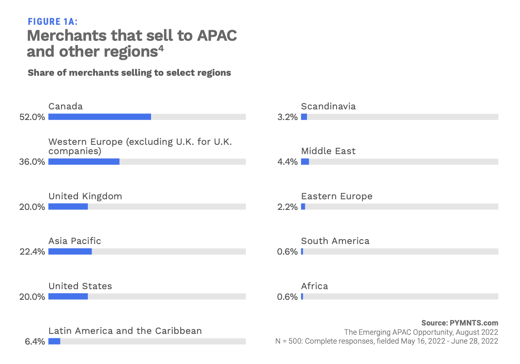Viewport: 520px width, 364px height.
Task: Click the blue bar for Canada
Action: point(100,117)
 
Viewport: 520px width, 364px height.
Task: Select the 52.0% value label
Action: point(32,117)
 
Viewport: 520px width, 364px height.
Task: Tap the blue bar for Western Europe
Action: point(84,162)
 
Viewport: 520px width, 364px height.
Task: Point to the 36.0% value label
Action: point(32,162)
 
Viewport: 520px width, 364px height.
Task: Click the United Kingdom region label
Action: point(85,196)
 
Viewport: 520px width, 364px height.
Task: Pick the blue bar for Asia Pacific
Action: point(70,252)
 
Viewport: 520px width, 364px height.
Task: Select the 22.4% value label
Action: point(32,252)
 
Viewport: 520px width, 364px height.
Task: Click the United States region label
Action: point(80,286)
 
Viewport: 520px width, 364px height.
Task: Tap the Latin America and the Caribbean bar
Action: point(54,341)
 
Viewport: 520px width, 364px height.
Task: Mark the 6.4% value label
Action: point(34,342)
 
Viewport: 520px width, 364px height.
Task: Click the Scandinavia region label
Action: point(328,106)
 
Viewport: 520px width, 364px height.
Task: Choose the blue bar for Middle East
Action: point(305,162)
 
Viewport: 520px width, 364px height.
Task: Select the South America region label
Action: point(335,241)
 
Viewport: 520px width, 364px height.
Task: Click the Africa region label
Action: point(314,286)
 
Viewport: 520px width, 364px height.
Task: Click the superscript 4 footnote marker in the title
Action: point(161,49)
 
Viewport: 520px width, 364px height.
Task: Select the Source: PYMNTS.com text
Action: point(460,323)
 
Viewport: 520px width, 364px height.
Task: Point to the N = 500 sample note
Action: point(386,341)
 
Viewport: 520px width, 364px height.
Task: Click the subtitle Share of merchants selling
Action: point(129,73)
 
